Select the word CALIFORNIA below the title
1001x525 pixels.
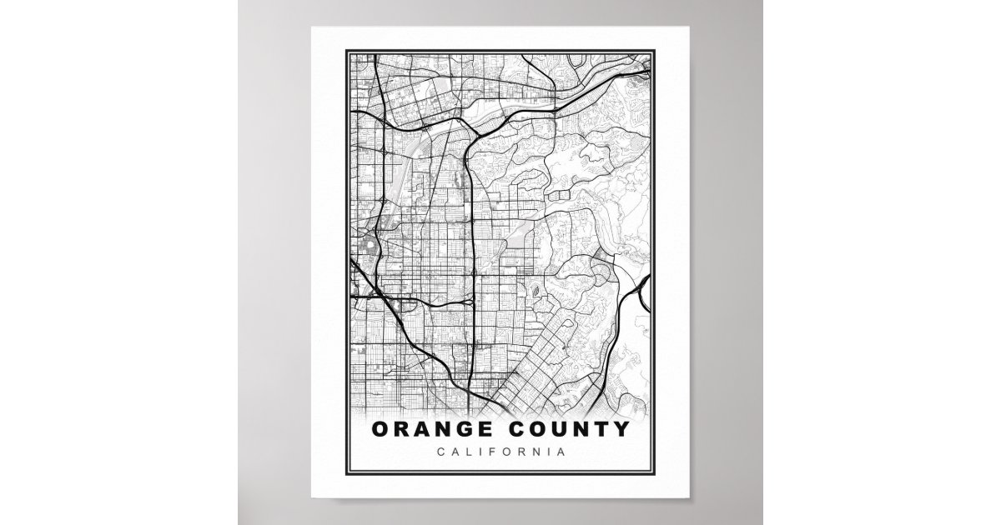[500, 452]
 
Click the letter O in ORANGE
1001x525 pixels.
[380, 430]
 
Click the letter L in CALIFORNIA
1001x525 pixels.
[465, 452]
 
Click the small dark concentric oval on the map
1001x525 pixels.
[533, 292]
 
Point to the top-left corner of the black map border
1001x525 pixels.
[349, 52]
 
